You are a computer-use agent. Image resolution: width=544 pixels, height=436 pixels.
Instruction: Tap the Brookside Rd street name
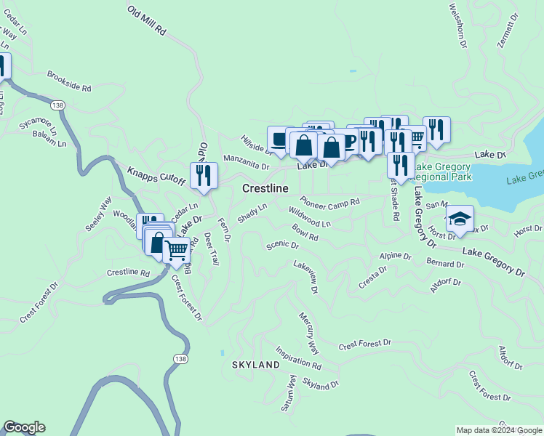pos(69,81)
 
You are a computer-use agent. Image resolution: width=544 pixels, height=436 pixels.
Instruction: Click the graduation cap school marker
pos(459,218)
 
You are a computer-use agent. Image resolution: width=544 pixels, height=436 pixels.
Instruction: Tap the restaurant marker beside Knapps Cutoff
pos(204,175)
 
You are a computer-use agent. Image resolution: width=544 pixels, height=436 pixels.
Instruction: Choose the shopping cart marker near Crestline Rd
pos(176,251)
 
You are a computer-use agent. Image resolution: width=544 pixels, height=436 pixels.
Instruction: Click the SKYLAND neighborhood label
pos(255,364)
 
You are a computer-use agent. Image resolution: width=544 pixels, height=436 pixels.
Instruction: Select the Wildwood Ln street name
pos(309,217)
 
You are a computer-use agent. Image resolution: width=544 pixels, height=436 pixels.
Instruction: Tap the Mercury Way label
pos(308,334)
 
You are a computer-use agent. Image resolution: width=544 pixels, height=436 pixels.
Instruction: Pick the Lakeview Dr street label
pos(306,277)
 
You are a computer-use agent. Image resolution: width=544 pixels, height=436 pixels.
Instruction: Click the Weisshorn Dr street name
pos(457,25)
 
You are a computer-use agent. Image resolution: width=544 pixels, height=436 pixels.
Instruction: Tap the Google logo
pos(24,427)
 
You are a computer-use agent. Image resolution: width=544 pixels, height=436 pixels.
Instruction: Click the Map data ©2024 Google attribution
pos(499,430)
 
